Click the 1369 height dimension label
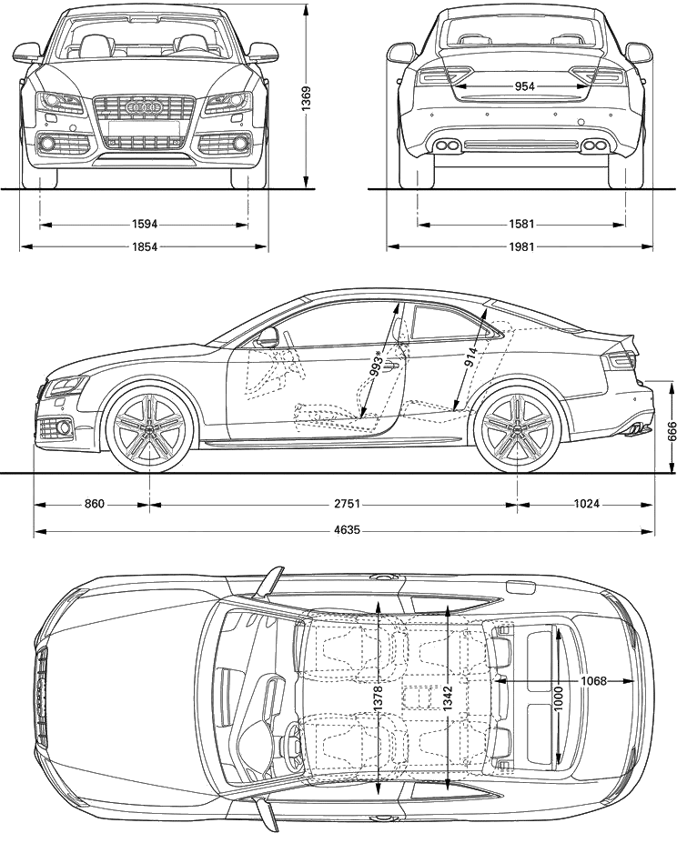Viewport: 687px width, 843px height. click(306, 98)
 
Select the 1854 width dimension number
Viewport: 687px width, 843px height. click(144, 246)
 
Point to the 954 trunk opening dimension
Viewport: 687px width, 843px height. click(524, 86)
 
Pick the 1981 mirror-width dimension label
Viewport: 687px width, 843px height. click(521, 246)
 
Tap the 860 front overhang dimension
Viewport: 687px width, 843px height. click(94, 505)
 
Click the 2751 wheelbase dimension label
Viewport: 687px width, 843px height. click(347, 505)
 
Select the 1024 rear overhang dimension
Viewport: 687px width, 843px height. click(586, 505)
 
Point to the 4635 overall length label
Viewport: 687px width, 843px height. click(347, 531)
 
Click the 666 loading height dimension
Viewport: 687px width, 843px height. click(672, 431)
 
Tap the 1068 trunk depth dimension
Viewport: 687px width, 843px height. click(593, 681)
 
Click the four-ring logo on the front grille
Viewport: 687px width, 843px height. click(144, 108)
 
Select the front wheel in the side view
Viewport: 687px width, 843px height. click(149, 427)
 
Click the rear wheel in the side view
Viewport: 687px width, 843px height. click(518, 428)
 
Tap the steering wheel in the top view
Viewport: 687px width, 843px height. click(293, 744)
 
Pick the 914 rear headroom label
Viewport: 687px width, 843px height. click(472, 357)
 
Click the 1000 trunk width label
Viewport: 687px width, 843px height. click(559, 698)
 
